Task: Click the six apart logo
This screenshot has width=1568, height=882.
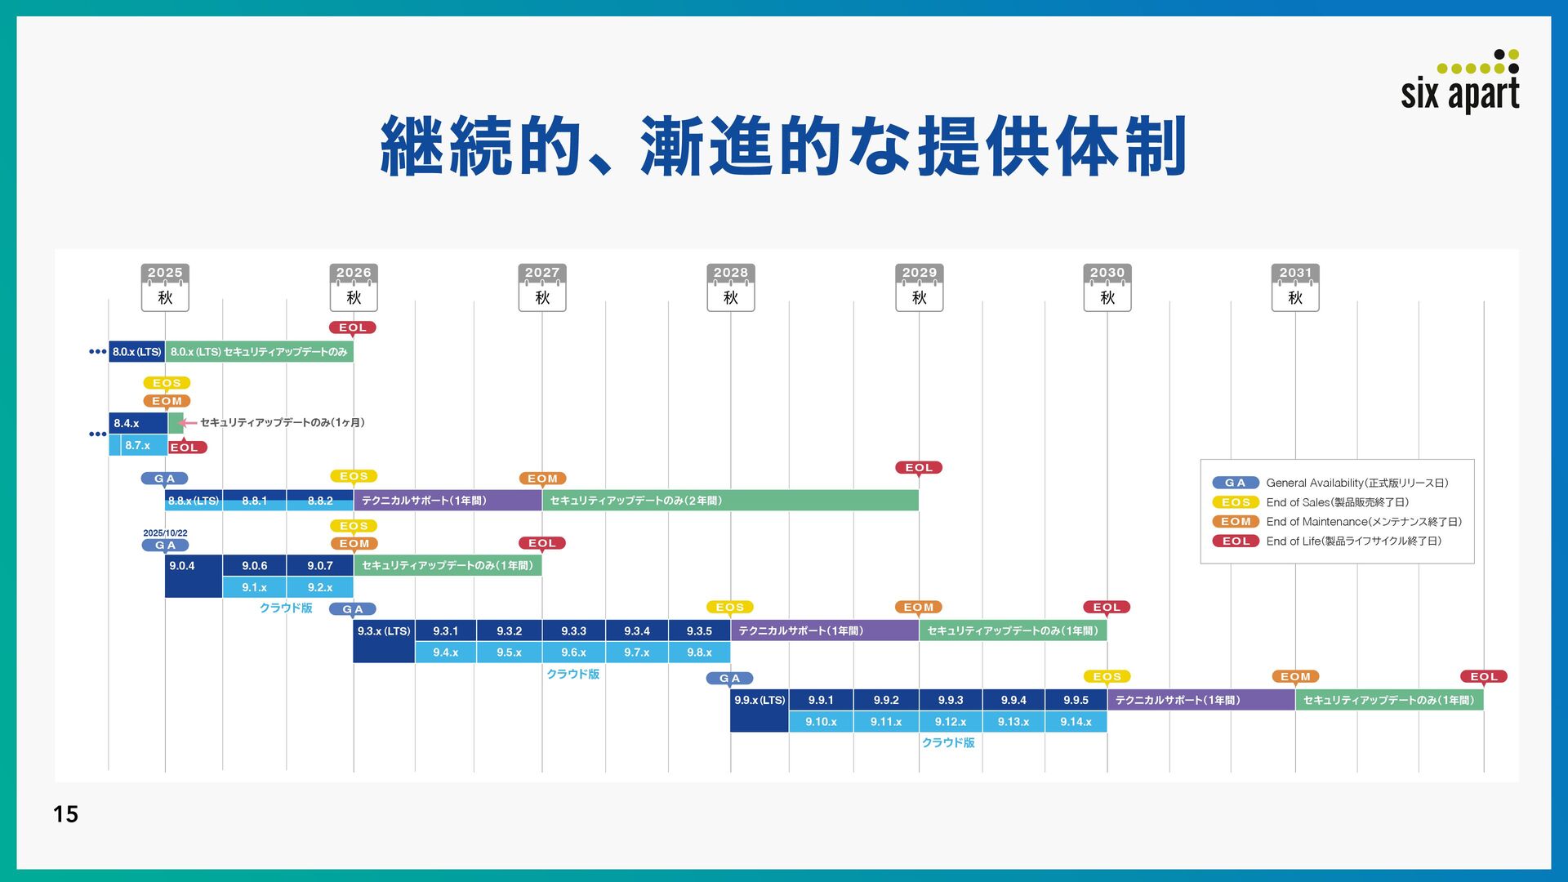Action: (1460, 82)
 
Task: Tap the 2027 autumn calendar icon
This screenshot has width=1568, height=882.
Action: (542, 287)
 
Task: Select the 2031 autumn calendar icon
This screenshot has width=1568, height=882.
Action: (1295, 287)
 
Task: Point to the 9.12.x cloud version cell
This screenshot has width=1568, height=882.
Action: (951, 722)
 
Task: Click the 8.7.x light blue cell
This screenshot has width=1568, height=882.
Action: (138, 446)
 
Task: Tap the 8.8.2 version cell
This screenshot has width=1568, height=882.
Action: (320, 501)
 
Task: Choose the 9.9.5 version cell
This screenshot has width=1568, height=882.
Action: (1076, 700)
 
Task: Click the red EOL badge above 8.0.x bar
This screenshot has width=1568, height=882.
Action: (353, 327)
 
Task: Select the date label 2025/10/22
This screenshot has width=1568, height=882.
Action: (165, 533)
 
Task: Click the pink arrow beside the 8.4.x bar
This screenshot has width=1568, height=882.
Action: (189, 422)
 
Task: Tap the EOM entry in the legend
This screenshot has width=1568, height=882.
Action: (1236, 522)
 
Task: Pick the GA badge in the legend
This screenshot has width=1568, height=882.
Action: (1235, 483)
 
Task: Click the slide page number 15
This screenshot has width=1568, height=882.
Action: (65, 813)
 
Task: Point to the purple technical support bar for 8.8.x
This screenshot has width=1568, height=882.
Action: (448, 501)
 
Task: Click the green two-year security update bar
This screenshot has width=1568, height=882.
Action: (730, 501)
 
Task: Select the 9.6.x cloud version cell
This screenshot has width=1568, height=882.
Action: (573, 653)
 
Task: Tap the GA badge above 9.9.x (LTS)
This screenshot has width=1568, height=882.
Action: (730, 679)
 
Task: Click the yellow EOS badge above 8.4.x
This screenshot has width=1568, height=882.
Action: (167, 383)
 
